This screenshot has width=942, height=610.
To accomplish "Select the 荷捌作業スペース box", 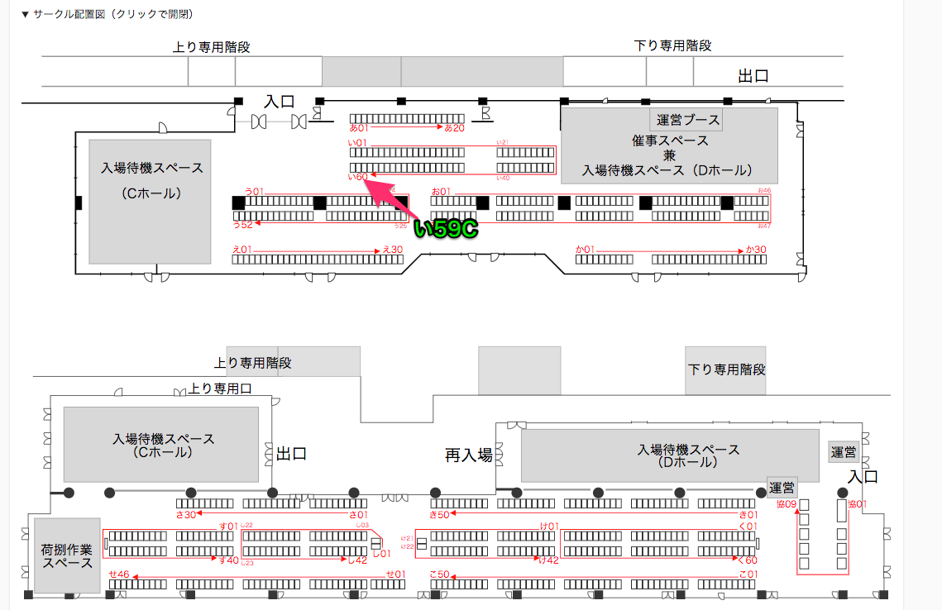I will [67, 555].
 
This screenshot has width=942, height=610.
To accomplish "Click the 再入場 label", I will [469, 455].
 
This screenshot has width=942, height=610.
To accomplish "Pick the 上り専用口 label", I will [220, 388].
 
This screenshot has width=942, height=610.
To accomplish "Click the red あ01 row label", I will [358, 128].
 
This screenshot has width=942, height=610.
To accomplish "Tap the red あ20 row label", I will [455, 128].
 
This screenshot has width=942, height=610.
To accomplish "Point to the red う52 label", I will [242, 224].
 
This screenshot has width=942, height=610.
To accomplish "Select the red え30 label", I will [392, 250].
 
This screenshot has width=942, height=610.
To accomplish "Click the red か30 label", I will [756, 250].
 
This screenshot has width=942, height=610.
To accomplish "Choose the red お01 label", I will [439, 192].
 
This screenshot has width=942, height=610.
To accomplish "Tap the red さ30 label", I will [185, 515].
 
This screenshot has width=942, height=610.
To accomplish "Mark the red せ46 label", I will [119, 574].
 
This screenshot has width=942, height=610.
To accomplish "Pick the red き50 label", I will [438, 515].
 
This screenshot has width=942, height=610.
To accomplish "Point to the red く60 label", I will [747, 560].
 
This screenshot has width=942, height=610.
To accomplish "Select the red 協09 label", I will [786, 504].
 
